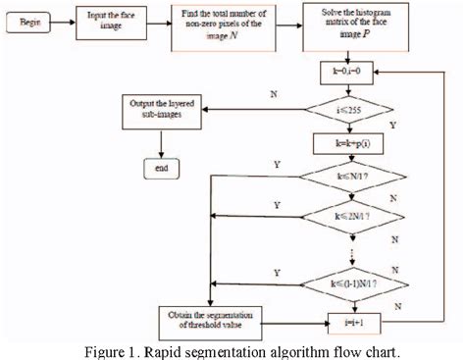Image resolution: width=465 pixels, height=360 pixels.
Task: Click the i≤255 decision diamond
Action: pyautogui.click(x=350, y=110)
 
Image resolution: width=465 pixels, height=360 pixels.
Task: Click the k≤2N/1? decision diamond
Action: pyautogui.click(x=350, y=213)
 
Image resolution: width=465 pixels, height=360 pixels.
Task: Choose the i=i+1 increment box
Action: pyautogui.click(x=350, y=320)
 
